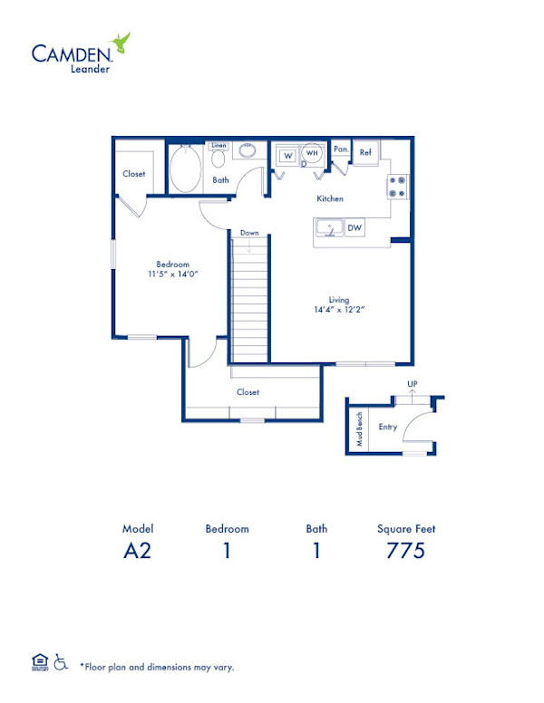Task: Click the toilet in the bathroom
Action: coord(219,159)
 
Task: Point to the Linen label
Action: coord(219,145)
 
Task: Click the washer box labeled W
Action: coord(287,156)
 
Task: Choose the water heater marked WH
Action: coord(312,153)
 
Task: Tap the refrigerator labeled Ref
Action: coord(365,153)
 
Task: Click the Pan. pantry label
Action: coord(340,149)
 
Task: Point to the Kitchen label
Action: coord(329,198)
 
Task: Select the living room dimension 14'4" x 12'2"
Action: coord(340,309)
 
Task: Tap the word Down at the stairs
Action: coord(249,233)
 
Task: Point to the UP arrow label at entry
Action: coord(412,385)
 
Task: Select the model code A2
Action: coord(138,551)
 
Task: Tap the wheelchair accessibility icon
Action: coord(62,663)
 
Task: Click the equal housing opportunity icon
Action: coord(40,663)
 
